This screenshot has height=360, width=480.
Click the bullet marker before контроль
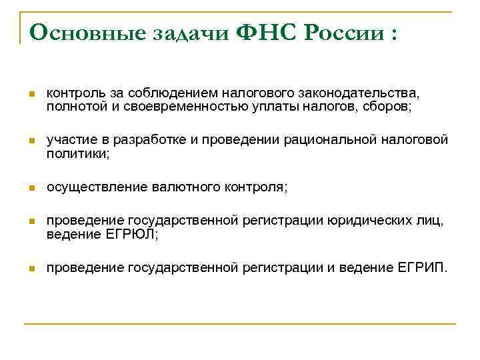tap(31, 95)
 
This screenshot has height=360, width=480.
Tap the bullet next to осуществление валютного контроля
tap(31, 189)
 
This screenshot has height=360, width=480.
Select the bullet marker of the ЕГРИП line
tap(31, 269)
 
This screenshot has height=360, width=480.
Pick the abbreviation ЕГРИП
tap(426, 268)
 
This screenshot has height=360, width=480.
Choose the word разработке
tap(147, 141)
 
